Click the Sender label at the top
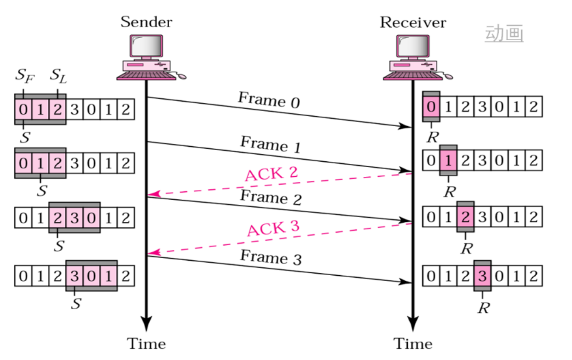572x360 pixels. coord(146,22)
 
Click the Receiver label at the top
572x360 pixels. coord(413,22)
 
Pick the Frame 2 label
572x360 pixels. coord(270,198)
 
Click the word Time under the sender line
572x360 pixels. coord(146,344)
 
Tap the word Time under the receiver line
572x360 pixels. coord(413,344)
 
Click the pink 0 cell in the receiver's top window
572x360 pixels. coord(431,107)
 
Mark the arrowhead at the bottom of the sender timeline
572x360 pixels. coord(146,324)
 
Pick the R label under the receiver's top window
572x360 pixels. coord(432,137)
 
